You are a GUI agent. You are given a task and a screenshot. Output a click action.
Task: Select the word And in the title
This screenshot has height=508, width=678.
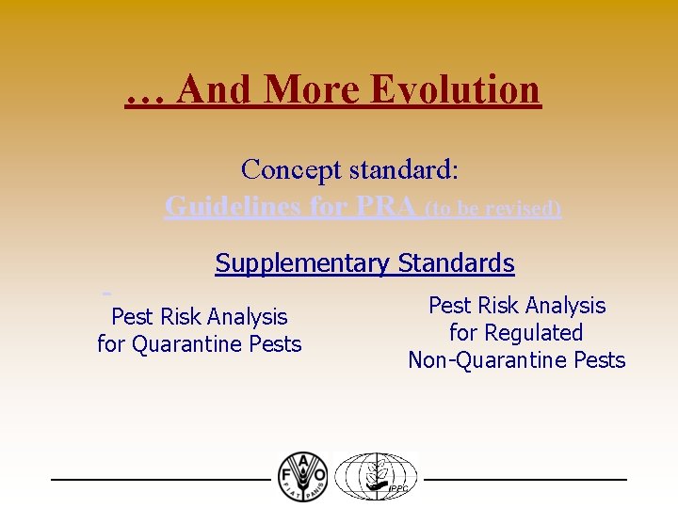[x=214, y=89]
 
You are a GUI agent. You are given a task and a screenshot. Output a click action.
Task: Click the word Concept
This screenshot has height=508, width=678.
[x=291, y=169]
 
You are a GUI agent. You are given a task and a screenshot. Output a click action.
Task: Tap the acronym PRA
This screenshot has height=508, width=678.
[x=384, y=206]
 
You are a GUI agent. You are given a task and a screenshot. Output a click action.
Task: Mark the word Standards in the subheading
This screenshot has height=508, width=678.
[x=457, y=263]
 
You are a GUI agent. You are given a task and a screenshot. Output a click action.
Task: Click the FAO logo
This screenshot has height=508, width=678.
[x=302, y=476]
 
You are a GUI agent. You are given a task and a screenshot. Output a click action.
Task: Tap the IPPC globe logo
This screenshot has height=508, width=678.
[x=377, y=476]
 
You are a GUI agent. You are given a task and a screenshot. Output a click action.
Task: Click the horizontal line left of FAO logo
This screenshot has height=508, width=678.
[x=160, y=480]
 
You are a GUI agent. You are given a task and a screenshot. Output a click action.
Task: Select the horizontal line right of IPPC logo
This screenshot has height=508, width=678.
[x=525, y=480]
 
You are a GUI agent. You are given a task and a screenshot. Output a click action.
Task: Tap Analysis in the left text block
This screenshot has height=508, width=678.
[x=246, y=317]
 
